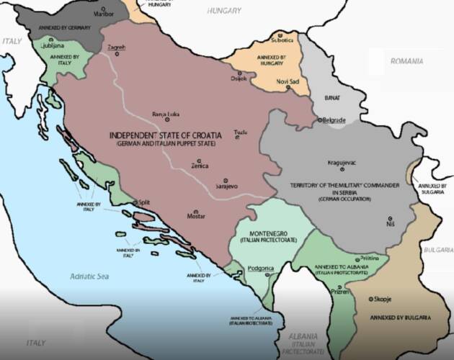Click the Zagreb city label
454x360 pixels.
[x=116, y=48]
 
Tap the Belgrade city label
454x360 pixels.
[x=334, y=120]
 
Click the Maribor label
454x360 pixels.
[x=105, y=14]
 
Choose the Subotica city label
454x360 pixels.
[x=282, y=40]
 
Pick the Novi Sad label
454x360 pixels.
[x=288, y=82]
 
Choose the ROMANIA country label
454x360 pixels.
[x=406, y=61]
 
